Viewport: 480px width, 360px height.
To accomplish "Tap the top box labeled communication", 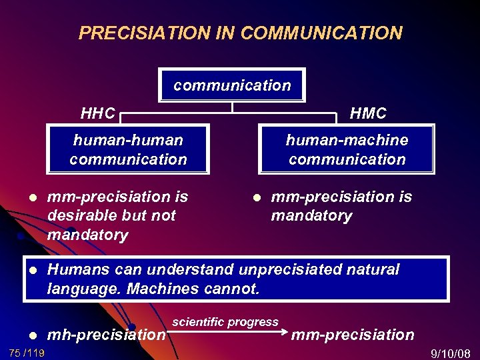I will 231,85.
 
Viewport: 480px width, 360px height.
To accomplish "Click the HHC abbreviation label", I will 97,113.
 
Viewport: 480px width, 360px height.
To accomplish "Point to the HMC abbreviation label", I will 368,113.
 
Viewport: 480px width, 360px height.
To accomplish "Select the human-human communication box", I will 128,149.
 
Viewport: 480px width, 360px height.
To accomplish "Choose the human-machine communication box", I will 347,149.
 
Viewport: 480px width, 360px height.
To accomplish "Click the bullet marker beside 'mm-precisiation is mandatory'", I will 255,198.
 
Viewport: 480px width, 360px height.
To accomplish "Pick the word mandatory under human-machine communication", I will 311,215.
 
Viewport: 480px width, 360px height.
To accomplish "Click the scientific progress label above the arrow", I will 225,322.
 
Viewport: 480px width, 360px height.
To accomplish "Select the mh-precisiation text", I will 106,334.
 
